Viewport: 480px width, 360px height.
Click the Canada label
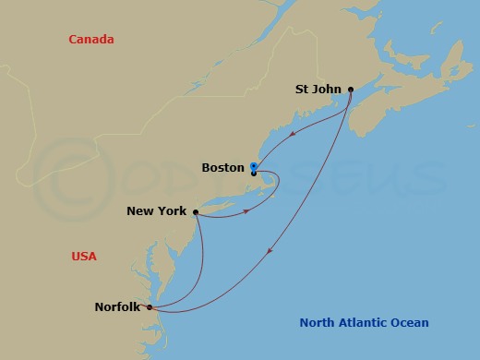(91, 39)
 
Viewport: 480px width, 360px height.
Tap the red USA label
(84, 256)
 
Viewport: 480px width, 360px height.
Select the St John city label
(318, 90)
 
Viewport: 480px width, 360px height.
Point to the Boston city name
(222, 168)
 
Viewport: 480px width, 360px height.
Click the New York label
(157, 211)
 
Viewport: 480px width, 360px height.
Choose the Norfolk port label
(117, 307)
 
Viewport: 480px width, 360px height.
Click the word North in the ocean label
(319, 322)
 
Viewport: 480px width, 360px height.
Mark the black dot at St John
(351, 90)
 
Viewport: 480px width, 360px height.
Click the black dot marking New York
(196, 211)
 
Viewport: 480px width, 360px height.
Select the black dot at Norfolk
(149, 307)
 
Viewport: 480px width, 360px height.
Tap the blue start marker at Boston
(253, 166)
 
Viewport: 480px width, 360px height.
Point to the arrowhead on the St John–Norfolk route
(269, 251)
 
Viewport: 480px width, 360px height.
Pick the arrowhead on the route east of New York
(246, 211)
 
